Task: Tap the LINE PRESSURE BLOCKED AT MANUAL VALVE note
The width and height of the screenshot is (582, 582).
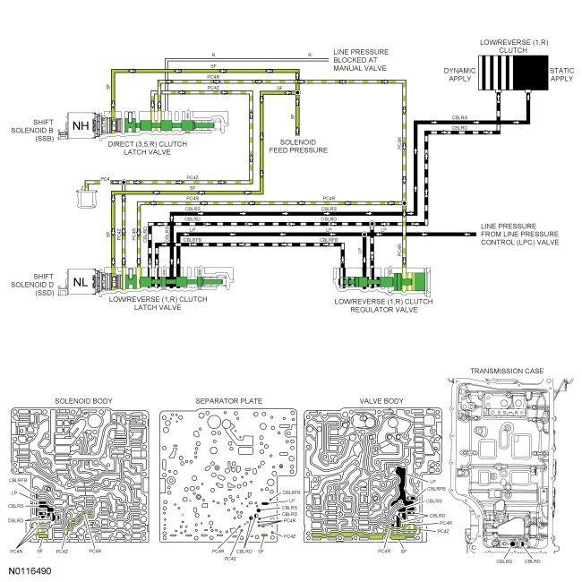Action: (361, 60)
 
